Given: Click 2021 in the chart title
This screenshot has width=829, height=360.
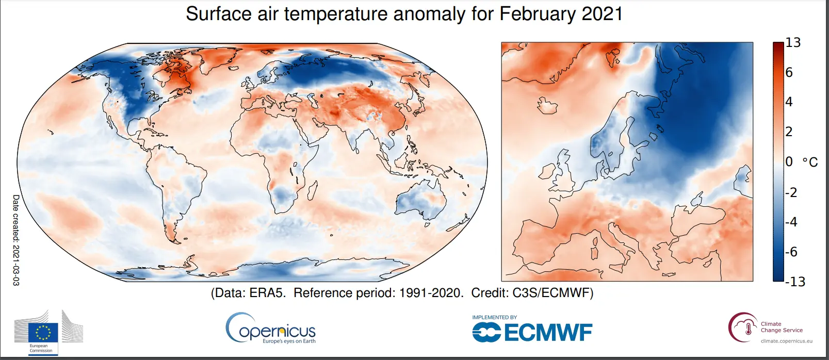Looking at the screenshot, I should pyautogui.click(x=602, y=14).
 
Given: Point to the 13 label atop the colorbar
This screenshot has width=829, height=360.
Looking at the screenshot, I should pyautogui.click(x=793, y=43).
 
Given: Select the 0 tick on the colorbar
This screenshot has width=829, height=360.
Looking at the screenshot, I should pyautogui.click(x=789, y=161).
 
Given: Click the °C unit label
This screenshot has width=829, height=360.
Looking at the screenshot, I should pyautogui.click(x=810, y=162).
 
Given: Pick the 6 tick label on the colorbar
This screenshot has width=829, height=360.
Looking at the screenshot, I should pyautogui.click(x=789, y=72).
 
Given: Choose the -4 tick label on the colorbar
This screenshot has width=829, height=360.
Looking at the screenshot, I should pyautogui.click(x=791, y=222).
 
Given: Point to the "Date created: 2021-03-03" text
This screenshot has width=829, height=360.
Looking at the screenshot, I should pyautogui.click(x=16, y=240).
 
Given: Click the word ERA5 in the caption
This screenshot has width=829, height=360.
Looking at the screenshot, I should pyautogui.click(x=267, y=293).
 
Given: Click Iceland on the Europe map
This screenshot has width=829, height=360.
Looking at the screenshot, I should pyautogui.click(x=548, y=105).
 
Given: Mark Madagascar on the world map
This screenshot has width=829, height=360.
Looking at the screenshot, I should pyautogui.click(x=311, y=190).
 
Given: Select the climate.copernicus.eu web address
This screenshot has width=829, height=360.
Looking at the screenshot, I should pyautogui.click(x=786, y=341).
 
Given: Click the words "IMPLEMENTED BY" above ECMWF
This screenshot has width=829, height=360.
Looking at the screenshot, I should pyautogui.click(x=494, y=317).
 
